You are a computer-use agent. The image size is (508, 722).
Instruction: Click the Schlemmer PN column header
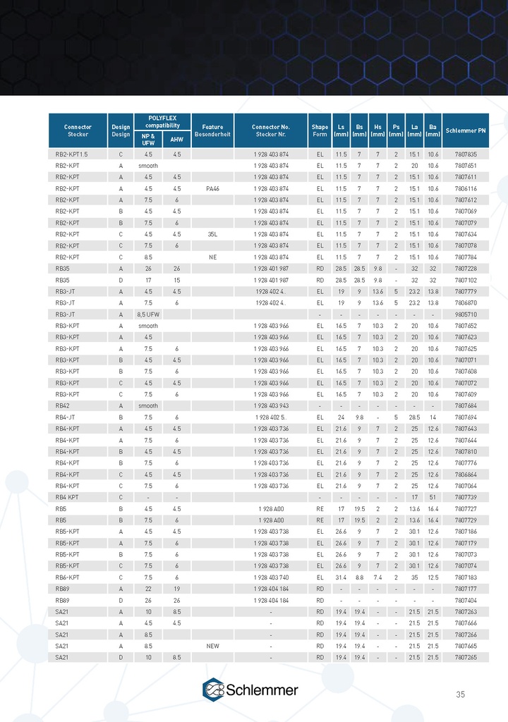point(466,130)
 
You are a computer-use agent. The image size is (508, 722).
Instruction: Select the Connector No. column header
point(271,130)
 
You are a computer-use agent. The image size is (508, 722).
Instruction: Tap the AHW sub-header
point(176,139)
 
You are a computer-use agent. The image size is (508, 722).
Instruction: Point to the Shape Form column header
point(320,130)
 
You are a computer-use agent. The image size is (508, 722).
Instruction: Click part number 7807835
point(466,154)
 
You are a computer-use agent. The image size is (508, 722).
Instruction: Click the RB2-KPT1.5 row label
point(71,154)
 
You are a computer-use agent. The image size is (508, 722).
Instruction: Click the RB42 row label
point(62,405)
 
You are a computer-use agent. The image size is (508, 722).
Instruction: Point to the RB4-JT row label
point(66,417)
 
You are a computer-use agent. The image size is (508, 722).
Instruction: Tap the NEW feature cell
point(212,646)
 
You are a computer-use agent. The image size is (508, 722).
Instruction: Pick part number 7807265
point(466,657)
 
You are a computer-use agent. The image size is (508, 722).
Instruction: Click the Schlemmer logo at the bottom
point(250,690)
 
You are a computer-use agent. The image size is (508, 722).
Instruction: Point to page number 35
point(460,695)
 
